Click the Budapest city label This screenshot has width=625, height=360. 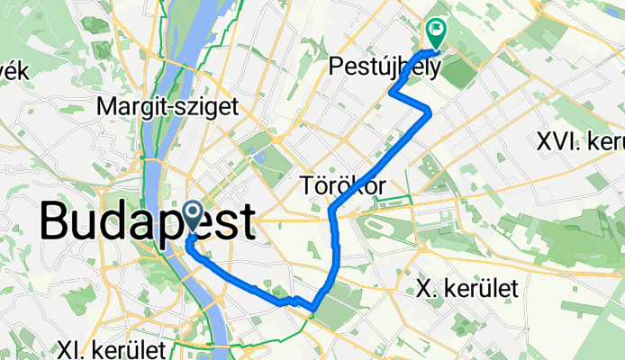tap(147, 221)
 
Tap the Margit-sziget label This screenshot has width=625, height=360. tap(168, 107)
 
